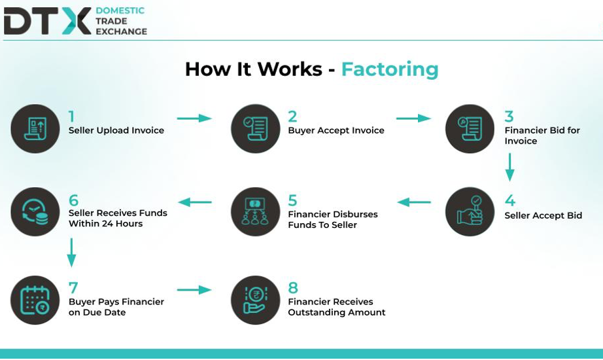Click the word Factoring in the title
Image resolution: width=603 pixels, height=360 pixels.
click(390, 69)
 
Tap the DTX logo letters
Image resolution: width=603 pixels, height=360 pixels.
click(47, 21)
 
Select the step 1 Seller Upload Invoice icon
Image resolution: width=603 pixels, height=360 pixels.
click(35, 128)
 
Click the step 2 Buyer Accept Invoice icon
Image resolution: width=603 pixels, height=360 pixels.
click(255, 128)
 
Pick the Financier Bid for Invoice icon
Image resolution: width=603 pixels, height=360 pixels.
click(470, 128)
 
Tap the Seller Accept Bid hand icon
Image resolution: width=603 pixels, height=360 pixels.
click(470, 211)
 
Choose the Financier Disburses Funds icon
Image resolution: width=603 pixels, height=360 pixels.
click(255, 211)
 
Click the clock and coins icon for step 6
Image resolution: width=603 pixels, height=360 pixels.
click(35, 211)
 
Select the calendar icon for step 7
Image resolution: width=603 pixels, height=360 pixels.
click(35, 300)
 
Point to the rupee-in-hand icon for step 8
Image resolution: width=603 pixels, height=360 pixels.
click(255, 300)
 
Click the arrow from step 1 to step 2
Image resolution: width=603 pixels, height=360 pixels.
click(194, 118)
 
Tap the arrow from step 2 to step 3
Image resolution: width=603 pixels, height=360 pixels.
click(413, 118)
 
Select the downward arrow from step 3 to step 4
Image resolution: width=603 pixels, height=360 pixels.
click(509, 167)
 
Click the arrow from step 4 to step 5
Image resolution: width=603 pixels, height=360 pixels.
click(414, 202)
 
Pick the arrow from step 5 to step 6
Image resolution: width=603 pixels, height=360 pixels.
click(195, 202)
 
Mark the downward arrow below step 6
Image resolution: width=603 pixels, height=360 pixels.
click(71, 253)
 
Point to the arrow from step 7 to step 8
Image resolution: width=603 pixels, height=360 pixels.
click(194, 290)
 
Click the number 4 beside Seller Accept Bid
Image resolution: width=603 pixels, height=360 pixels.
click(510, 200)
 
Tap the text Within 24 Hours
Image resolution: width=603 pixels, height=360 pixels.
click(106, 224)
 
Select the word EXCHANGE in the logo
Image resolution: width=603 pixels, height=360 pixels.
click(122, 31)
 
